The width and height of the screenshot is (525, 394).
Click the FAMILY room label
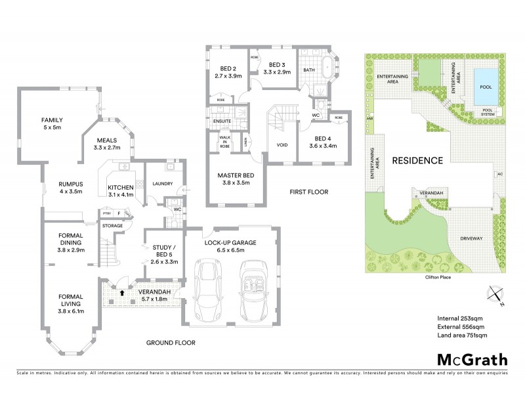pyautogui.click(x=51, y=120)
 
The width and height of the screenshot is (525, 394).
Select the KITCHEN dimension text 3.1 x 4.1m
pyautogui.click(x=120, y=195)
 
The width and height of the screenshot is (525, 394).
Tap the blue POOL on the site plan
pyautogui.click(x=486, y=87)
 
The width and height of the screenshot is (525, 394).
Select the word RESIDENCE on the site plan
pyautogui.click(x=417, y=160)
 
